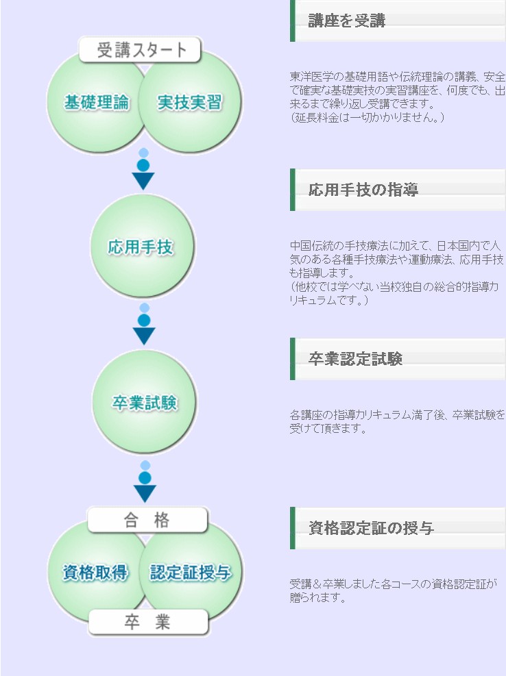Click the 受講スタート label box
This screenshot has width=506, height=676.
tap(140, 49)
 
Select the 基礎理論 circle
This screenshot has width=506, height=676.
tap(96, 103)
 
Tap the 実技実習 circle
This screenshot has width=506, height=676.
tap(190, 103)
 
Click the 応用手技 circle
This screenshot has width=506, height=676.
tap(142, 246)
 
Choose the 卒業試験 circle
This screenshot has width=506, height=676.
tap(144, 402)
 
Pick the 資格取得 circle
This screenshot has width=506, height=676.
tap(96, 573)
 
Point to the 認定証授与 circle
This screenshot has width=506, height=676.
tap(191, 573)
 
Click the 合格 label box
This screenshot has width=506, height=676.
tap(147, 520)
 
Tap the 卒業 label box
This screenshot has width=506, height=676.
tap(148, 622)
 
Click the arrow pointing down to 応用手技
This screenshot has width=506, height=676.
tap(143, 169)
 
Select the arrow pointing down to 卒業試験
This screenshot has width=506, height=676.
tap(144, 324)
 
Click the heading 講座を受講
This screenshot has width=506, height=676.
tap(347, 21)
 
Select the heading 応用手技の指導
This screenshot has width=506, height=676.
tap(363, 190)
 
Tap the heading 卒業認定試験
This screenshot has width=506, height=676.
tap(355, 359)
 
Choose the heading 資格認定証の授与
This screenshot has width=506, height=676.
tap(371, 527)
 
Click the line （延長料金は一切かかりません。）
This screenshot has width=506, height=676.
tap(367, 117)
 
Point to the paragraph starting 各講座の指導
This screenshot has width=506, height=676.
tap(397, 422)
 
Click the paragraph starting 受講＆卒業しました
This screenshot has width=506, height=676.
tap(394, 590)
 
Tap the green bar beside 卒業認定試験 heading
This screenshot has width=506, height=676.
tap(292, 359)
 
